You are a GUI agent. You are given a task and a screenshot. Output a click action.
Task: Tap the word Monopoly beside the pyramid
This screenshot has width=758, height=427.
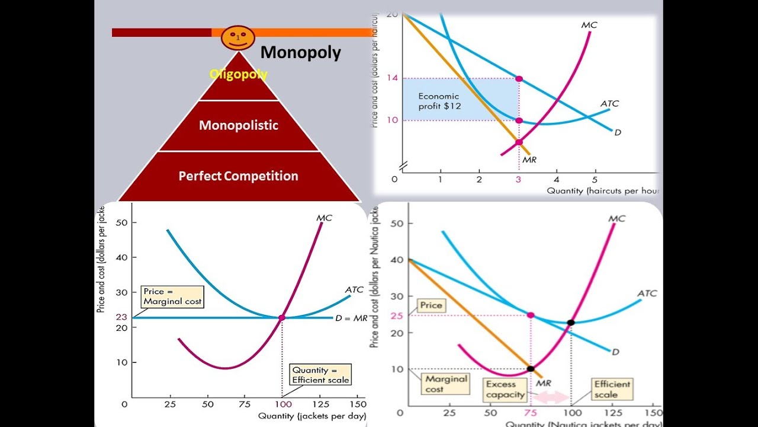300,53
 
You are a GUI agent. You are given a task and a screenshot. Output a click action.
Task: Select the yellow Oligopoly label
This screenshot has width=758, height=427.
238,75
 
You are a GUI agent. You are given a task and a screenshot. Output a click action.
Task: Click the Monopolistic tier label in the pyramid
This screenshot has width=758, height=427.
238,125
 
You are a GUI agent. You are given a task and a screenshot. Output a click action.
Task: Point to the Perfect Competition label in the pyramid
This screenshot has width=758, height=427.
238,176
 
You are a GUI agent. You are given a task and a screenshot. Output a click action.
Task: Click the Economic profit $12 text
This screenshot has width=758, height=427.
439,101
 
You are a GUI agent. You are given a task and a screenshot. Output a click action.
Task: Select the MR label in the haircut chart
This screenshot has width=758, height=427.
529,159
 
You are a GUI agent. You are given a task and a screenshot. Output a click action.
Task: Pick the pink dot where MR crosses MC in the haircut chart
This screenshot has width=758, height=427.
519,142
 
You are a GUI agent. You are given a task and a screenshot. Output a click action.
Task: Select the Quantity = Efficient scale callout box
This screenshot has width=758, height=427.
320,375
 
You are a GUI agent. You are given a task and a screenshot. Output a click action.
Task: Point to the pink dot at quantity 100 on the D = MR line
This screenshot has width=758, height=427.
282,318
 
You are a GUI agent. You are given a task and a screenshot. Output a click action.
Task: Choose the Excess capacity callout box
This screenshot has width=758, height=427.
505,389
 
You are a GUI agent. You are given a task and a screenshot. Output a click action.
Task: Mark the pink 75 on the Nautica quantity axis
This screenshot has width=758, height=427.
530,413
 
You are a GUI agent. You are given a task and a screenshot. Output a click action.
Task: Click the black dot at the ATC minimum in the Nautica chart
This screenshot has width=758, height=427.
571,323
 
